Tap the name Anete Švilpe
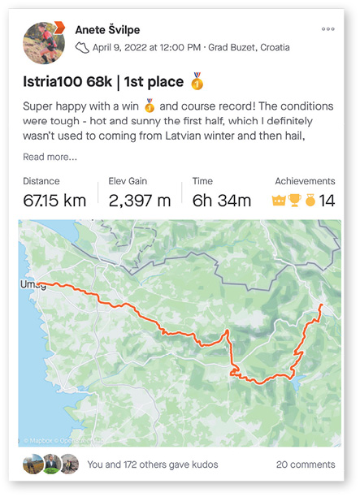click(x=107, y=30)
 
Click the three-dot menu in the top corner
click(x=327, y=29)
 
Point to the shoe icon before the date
click(x=82, y=48)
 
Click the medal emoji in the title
click(x=196, y=81)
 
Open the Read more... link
click(x=50, y=157)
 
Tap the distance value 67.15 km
click(x=55, y=200)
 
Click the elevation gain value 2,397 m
click(x=140, y=200)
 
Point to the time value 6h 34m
click(x=221, y=200)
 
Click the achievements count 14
click(x=327, y=201)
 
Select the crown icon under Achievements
click(x=280, y=201)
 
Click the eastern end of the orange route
click(x=321, y=305)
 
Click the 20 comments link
click(x=305, y=465)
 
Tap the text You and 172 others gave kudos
click(x=152, y=465)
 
